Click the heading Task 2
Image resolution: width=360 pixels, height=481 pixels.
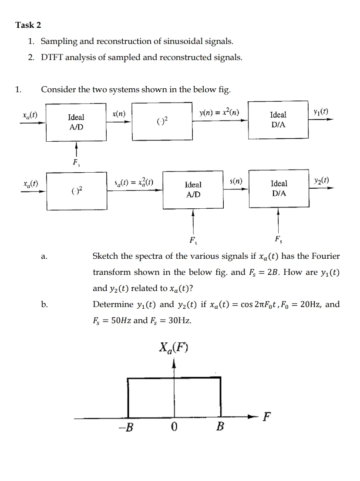point(28,25)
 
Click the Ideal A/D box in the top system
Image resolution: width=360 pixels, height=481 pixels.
point(76,122)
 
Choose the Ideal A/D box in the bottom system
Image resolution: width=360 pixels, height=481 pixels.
point(193,190)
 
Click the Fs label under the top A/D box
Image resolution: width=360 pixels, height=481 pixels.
point(76,164)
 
